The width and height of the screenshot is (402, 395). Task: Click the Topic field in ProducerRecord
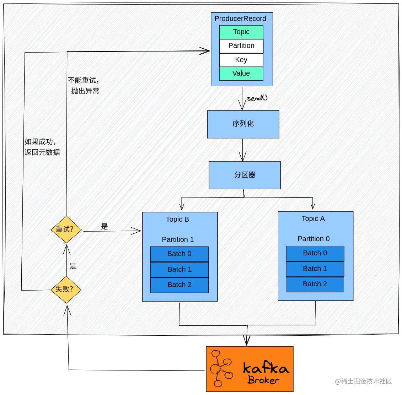(241, 32)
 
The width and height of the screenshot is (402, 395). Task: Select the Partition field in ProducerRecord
(241, 46)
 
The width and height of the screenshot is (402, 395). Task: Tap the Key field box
(241, 60)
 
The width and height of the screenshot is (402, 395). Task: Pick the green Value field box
(241, 74)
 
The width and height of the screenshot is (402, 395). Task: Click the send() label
(257, 98)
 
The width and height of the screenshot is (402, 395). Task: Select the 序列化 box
(243, 124)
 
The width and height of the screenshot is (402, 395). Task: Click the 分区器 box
(245, 175)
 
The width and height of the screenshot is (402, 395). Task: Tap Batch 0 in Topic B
(179, 254)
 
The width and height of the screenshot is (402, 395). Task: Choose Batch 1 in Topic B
(179, 270)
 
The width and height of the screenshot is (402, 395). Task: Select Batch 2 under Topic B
(179, 285)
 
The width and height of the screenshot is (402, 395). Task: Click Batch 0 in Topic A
(315, 253)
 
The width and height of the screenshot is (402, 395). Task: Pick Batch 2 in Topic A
(315, 284)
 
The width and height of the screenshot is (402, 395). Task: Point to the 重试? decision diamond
(66, 229)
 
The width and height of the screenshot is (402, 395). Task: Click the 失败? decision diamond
(66, 289)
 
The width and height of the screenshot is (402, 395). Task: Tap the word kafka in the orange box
(266, 368)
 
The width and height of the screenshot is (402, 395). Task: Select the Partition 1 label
(178, 239)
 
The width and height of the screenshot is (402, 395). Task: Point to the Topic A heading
(313, 219)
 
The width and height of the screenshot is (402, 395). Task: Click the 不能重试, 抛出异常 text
(84, 86)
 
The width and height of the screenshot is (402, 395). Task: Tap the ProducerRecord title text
(240, 19)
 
